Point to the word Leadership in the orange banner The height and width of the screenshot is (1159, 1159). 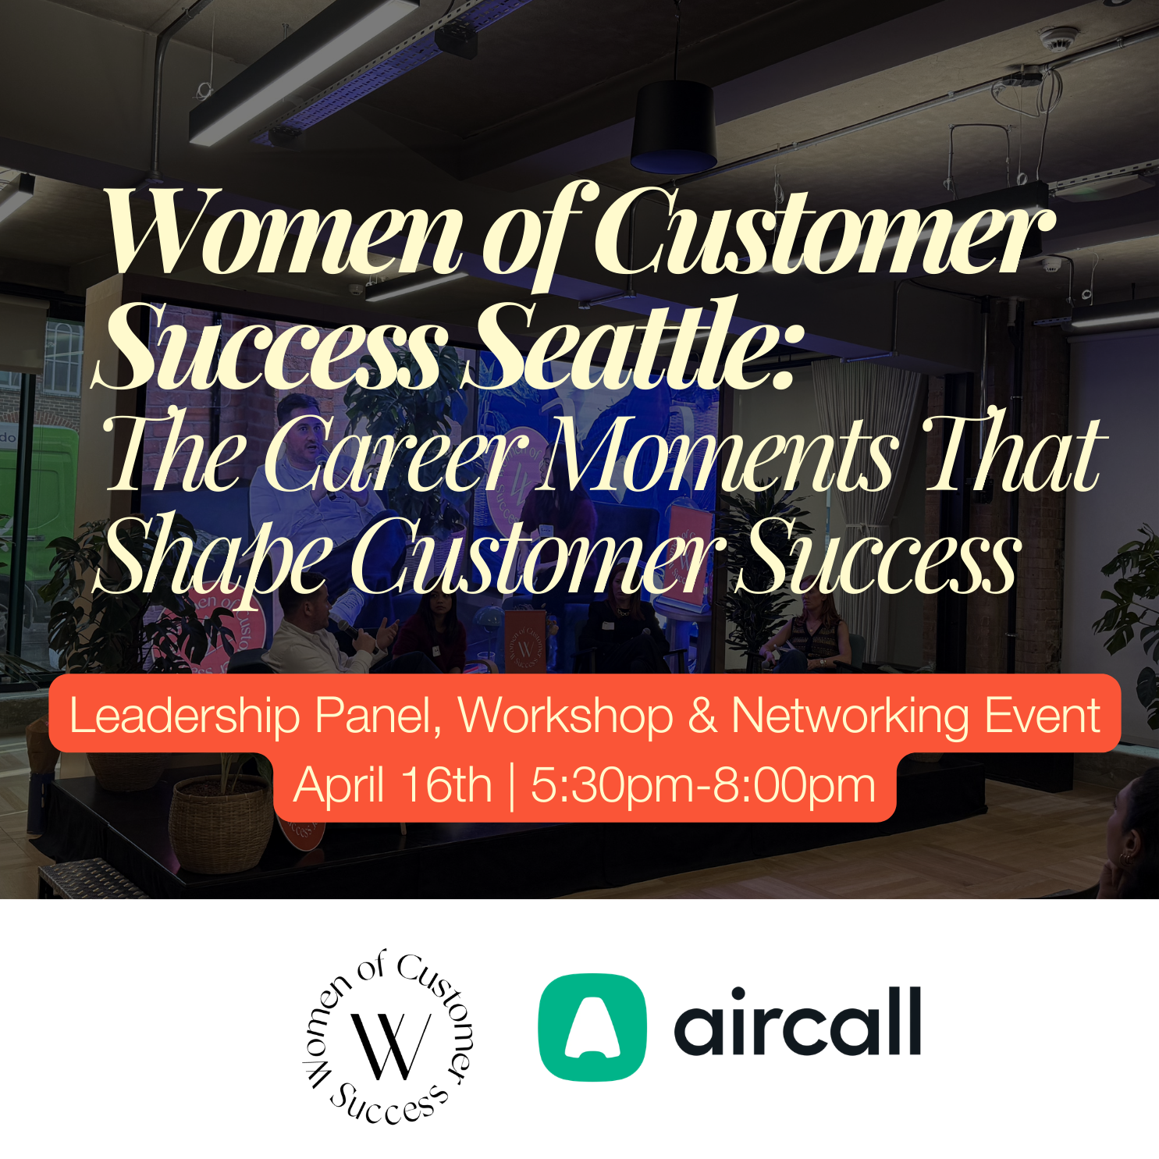(x=184, y=716)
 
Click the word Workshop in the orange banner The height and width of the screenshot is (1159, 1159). (x=566, y=716)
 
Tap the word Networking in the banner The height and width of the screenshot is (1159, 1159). (x=850, y=716)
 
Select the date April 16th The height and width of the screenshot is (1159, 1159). (x=393, y=785)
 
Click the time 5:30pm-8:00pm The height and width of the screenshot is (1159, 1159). (x=702, y=785)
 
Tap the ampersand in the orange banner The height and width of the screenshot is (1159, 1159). (x=702, y=716)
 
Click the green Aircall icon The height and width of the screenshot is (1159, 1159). (x=592, y=1027)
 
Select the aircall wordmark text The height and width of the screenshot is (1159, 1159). (x=798, y=1022)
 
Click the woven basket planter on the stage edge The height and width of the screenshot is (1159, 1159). (x=221, y=823)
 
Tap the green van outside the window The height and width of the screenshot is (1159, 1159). (x=39, y=500)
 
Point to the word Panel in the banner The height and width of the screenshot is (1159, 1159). (x=378, y=716)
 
